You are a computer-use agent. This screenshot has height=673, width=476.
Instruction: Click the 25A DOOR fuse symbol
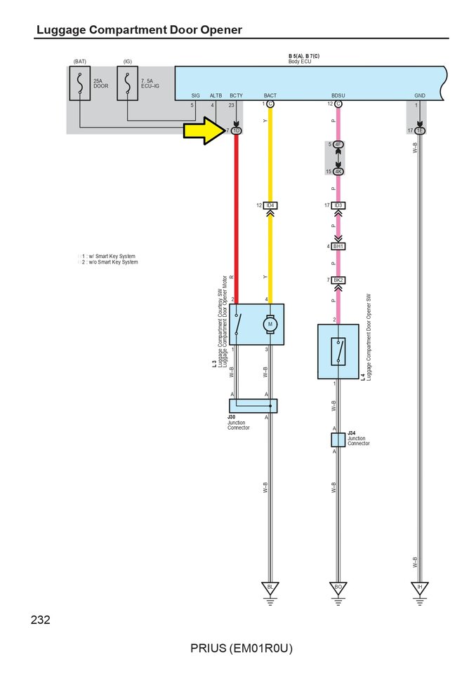tap(80, 83)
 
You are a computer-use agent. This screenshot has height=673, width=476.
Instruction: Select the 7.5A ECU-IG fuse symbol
tap(127, 83)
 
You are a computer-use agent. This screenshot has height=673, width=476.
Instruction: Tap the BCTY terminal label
tap(236, 95)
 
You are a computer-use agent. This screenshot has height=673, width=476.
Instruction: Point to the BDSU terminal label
tap(338, 95)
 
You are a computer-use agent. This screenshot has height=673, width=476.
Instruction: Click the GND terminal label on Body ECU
tap(419, 95)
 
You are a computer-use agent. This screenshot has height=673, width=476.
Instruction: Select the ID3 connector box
tap(338, 205)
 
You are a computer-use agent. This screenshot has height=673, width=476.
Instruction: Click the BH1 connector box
tap(338, 247)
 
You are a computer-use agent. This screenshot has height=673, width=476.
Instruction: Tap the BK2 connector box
tap(338, 280)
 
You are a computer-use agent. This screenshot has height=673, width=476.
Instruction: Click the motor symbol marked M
tap(270, 324)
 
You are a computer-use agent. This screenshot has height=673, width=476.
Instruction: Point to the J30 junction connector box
tap(253, 405)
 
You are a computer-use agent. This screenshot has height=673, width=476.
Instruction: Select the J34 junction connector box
tap(338, 440)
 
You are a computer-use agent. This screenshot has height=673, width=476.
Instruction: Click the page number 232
tap(41, 620)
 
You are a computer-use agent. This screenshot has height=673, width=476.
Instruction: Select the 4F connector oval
tap(338, 144)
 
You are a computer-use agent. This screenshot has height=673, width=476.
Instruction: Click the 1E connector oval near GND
tap(419, 130)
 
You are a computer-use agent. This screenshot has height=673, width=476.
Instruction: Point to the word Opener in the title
tap(217, 29)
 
